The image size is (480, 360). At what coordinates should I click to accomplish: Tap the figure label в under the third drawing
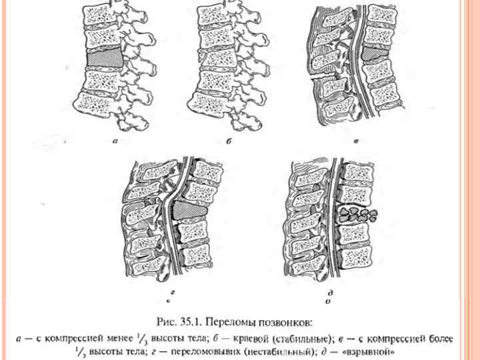click(x=357, y=141)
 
